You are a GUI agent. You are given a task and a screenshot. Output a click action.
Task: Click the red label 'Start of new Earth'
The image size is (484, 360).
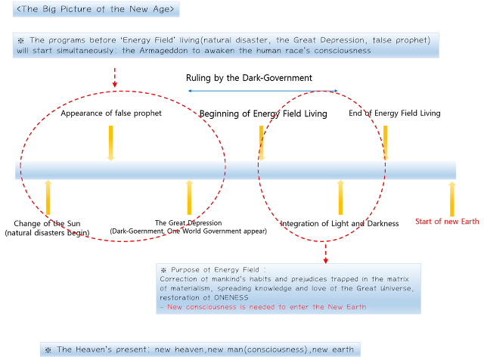click(447, 222)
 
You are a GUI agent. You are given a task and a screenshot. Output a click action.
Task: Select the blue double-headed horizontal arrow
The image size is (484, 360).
click(262, 91)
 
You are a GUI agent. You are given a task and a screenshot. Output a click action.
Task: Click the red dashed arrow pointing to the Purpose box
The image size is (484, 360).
click(326, 253)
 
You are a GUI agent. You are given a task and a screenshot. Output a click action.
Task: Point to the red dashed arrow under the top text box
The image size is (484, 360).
click(115, 76)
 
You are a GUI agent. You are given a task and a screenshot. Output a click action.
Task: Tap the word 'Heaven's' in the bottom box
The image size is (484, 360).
click(102, 349)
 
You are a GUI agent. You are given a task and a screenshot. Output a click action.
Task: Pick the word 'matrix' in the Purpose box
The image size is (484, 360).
click(399, 278)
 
